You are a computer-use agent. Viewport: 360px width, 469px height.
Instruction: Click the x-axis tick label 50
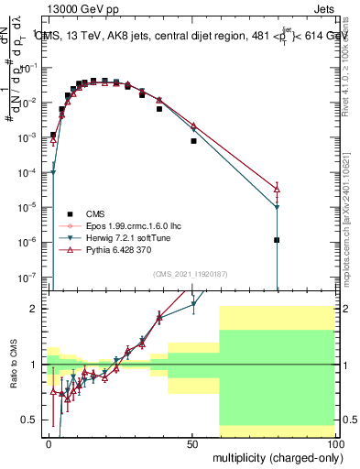(192, 442)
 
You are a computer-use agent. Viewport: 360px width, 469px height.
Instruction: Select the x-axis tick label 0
(49, 442)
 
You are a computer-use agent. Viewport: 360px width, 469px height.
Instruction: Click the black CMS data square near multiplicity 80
(277, 240)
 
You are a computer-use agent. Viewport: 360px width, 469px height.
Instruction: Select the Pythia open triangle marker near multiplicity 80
(277, 189)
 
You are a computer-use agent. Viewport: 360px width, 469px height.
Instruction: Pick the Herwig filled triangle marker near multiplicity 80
(277, 207)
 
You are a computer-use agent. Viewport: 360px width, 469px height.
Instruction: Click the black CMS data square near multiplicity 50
(193, 141)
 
